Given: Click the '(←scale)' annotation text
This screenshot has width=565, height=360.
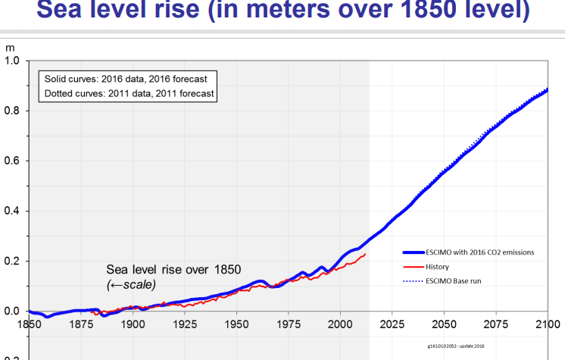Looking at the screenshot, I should (131, 283).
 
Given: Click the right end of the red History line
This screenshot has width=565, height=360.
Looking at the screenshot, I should (366, 254).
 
